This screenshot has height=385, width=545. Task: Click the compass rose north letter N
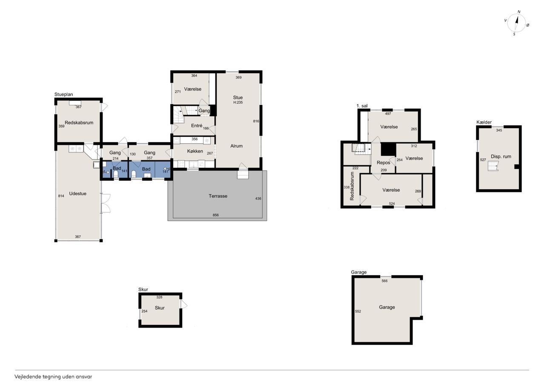click(x=519, y=11)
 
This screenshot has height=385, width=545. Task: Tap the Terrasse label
click(x=218, y=196)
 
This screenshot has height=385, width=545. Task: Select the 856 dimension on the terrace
click(x=215, y=215)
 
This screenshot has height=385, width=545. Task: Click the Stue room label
click(x=238, y=97)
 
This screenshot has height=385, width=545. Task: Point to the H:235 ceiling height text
click(x=238, y=103)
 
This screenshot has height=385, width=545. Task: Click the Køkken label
click(x=195, y=151)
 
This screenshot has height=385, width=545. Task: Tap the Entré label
click(x=197, y=125)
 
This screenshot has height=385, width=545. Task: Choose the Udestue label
click(x=77, y=194)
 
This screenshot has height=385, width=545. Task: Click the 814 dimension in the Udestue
click(x=61, y=196)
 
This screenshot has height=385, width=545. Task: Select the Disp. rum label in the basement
click(x=501, y=157)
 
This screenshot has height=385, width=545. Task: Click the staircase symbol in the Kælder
click(x=493, y=166)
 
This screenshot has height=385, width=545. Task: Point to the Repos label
click(x=384, y=163)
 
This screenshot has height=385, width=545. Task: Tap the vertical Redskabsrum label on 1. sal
click(x=352, y=186)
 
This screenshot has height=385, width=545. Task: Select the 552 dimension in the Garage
click(x=358, y=311)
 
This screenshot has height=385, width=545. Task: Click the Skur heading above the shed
click(x=143, y=289)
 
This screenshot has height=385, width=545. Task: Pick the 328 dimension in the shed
click(x=159, y=297)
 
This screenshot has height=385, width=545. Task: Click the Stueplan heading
click(x=63, y=94)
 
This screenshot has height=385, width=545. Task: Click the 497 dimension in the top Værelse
click(x=388, y=114)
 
